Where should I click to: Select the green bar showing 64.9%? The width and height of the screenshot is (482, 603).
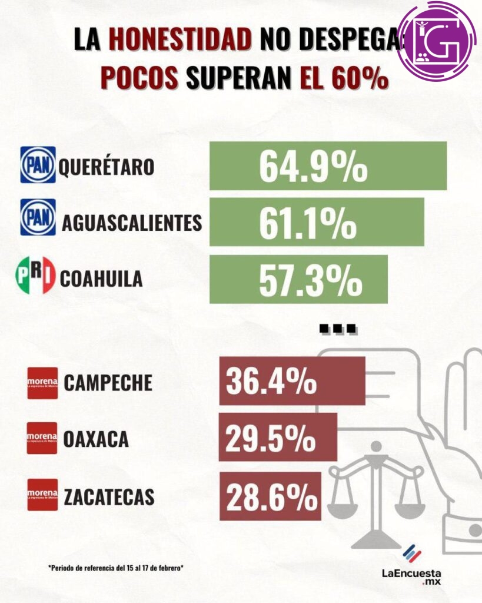tap(328, 167)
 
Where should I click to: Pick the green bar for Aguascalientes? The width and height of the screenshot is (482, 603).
tap(317, 222)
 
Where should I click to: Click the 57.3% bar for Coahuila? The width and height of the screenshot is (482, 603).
tap(298, 279)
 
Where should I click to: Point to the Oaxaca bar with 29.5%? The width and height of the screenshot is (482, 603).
tap(278, 437)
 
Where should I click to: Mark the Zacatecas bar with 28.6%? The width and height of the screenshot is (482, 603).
tap(270, 496)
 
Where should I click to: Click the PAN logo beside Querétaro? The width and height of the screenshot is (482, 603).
tap(38, 165)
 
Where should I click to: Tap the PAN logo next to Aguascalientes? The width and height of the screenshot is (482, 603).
tap(38, 217)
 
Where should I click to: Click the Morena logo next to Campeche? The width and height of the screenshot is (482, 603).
tap(42, 383)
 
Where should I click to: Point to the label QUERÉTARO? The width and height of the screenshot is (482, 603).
tap(106, 168)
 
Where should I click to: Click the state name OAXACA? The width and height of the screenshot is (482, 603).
tap(96, 439)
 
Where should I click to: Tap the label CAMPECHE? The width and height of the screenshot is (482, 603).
tap(108, 383)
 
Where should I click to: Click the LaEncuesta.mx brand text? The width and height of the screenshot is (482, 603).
tap(411, 575)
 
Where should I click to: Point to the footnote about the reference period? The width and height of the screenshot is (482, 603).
tap(116, 568)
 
